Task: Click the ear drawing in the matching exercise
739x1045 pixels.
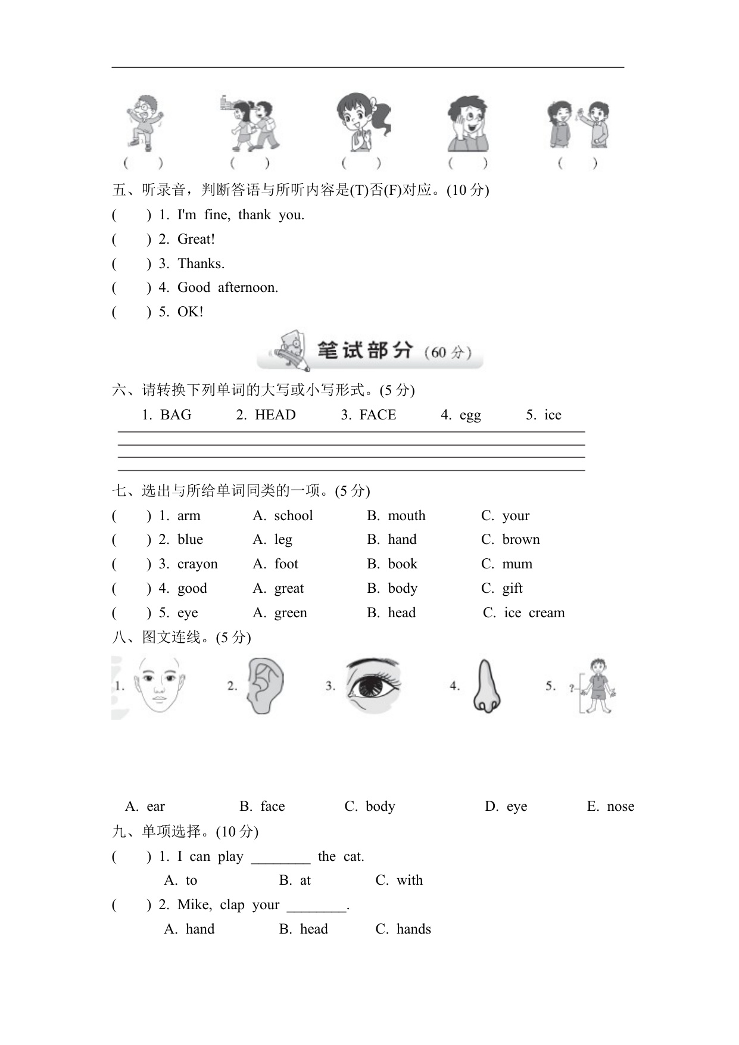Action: pos(265,686)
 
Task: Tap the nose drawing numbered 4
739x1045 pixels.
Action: pos(487,686)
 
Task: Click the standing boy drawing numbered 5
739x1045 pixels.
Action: pos(597,686)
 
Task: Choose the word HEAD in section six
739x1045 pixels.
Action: pos(275,415)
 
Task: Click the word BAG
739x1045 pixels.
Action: pos(176,415)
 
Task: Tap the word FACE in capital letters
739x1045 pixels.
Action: pos(378,415)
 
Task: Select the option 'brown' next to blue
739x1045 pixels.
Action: pos(520,540)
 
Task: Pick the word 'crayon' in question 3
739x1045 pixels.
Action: pos(197,564)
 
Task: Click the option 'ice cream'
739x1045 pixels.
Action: pos(534,613)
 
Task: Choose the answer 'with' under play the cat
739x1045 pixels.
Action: pos(409,881)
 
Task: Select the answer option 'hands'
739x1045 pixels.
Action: pos(413,929)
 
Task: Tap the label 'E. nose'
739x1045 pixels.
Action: pos(610,807)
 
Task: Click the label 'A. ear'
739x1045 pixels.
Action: pos(145,807)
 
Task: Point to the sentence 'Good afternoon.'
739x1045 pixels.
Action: pos(227,288)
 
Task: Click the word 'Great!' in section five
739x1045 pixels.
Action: pos(196,240)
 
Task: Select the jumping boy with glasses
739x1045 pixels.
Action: pos(144,122)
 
